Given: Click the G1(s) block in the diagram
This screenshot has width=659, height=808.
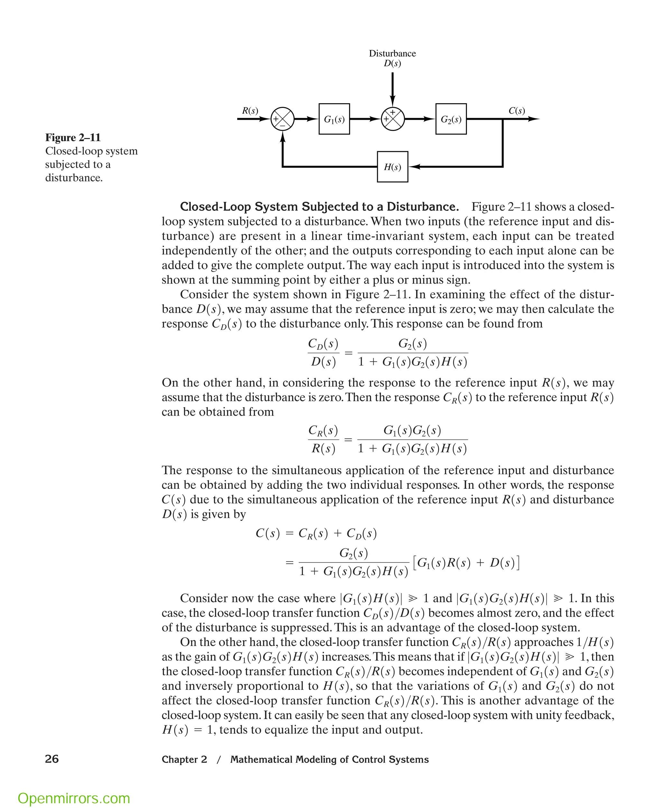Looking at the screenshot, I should (x=334, y=119).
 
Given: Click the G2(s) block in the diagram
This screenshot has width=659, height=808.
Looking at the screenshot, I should (x=451, y=119).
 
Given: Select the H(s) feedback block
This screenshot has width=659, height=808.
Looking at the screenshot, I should (x=393, y=167).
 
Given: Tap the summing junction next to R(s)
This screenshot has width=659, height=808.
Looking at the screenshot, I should (x=283, y=119).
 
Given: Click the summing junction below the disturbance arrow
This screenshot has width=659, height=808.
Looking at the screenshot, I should (x=393, y=119).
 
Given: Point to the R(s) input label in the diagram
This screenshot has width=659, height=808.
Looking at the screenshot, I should (x=250, y=110).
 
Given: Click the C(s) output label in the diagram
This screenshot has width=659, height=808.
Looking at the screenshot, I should (x=517, y=110).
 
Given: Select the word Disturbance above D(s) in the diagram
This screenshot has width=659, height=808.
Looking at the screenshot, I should (x=392, y=53).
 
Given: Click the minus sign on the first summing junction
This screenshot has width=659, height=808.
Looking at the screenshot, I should (x=283, y=125).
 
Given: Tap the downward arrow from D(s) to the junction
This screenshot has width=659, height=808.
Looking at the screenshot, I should (x=393, y=89).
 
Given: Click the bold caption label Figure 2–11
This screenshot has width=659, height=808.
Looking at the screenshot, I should (x=73, y=137).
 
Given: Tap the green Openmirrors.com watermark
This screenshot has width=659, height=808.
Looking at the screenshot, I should (x=74, y=787).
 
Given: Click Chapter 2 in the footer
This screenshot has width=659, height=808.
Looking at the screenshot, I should (x=184, y=759).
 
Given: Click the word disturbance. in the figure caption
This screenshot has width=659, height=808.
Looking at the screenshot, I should (x=74, y=178).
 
